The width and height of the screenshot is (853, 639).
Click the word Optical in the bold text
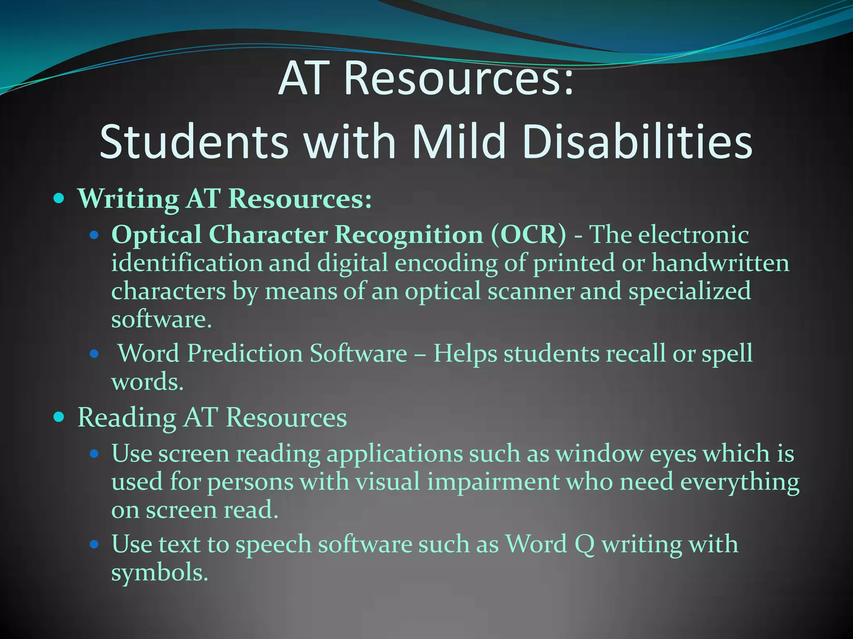[x=157, y=235]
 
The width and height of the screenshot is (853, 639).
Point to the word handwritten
[x=720, y=263]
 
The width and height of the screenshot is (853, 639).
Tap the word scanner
[x=531, y=291]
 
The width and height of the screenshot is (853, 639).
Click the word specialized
[x=689, y=292]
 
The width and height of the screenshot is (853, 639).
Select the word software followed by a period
[x=162, y=319]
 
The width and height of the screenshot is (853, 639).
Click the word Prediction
[x=244, y=354]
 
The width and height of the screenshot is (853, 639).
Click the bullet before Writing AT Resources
[x=60, y=198]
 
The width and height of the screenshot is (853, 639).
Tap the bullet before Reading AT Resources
[x=60, y=416]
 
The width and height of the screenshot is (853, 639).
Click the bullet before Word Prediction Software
[x=94, y=354]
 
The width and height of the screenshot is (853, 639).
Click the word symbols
[x=160, y=572]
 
